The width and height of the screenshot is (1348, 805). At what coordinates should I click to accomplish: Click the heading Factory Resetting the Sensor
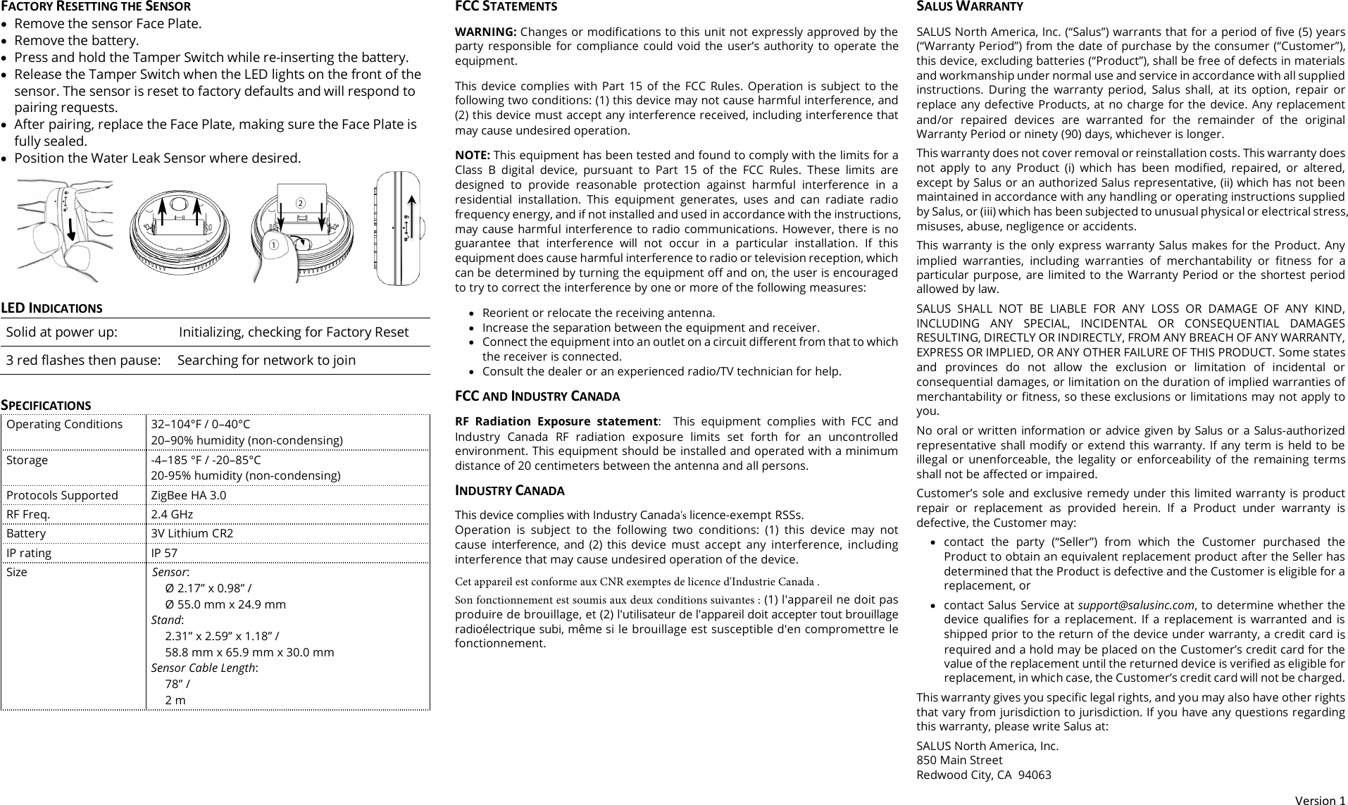tap(95, 6)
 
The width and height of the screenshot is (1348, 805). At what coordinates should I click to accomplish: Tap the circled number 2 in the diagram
tap(300, 203)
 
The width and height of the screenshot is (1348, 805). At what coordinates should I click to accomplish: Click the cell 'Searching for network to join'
tap(266, 361)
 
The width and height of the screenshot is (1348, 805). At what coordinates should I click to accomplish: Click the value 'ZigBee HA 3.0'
tap(189, 495)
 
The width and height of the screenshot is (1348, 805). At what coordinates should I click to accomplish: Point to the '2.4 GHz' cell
tap(172, 514)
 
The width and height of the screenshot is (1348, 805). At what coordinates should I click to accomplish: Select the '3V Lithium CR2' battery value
tap(192, 533)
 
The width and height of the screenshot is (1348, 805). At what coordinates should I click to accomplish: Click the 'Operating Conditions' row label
tap(64, 424)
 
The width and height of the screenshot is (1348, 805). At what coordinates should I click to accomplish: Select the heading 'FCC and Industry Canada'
tap(537, 396)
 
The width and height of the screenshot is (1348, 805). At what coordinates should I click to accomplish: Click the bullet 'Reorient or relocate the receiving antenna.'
tap(598, 313)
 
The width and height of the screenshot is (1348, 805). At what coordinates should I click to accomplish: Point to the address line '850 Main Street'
tap(959, 761)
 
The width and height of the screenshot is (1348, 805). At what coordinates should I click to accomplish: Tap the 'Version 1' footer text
tap(1321, 800)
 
